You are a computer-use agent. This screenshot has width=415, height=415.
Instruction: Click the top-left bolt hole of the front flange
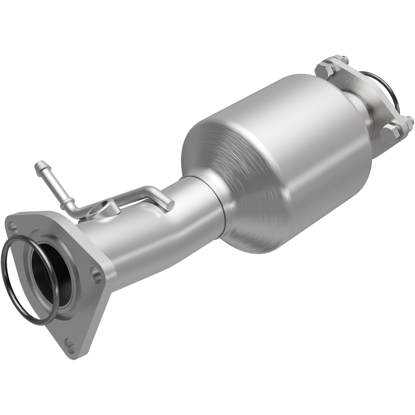coord(13,226)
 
